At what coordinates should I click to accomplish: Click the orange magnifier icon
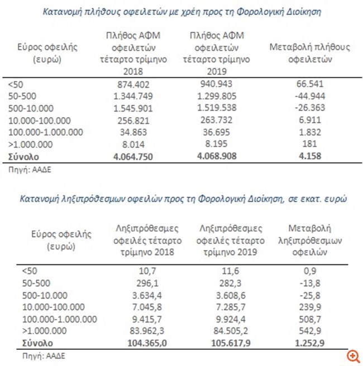pos(352,356)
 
